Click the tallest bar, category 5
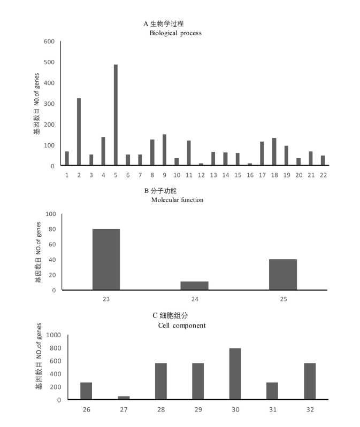(116, 115)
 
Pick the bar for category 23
(106, 260)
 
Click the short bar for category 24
(195, 286)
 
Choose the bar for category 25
(283, 275)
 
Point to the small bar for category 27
(124, 398)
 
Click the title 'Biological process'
(175, 33)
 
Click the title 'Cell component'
(182, 325)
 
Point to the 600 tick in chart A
(49, 42)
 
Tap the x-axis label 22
(323, 175)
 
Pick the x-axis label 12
(201, 175)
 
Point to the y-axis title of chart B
(38, 252)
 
